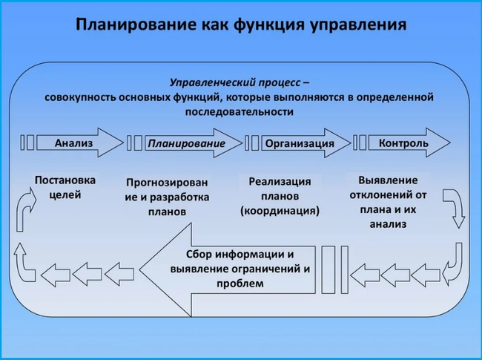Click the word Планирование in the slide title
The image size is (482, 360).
pyautogui.click(x=136, y=24)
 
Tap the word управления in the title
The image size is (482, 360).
pyautogui.click(x=358, y=25)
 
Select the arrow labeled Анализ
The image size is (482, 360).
pyautogui.click(x=80, y=143)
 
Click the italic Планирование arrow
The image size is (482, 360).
pyautogui.click(x=194, y=143)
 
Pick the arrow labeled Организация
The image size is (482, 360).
pyautogui.click(x=306, y=143)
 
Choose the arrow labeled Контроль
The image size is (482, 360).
pyautogui.click(x=409, y=143)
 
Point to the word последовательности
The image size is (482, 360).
pyautogui.click(x=240, y=111)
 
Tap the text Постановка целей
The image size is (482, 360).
pyautogui.click(x=65, y=187)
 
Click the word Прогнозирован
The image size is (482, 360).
pyautogui.click(x=167, y=183)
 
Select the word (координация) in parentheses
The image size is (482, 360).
pyautogui.click(x=280, y=211)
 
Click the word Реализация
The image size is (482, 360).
pyautogui.click(x=280, y=182)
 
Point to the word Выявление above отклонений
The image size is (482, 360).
pyautogui.click(x=388, y=180)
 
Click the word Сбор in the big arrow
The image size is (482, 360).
pyautogui.click(x=199, y=255)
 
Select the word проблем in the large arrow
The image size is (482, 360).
pyautogui.click(x=240, y=284)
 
